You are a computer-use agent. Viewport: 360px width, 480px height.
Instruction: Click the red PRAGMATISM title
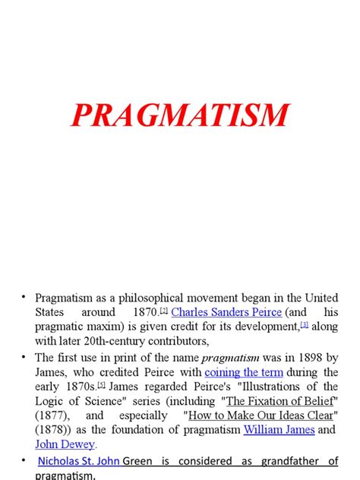[180, 115]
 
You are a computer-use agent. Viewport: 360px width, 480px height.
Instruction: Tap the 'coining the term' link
[244, 372]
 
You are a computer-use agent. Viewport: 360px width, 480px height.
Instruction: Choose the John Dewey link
[65, 444]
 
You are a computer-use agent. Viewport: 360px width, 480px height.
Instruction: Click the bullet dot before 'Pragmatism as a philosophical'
[24, 297]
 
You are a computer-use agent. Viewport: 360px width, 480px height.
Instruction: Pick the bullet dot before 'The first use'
[24, 358]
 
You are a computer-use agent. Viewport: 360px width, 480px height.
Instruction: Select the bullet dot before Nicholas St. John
[24, 461]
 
